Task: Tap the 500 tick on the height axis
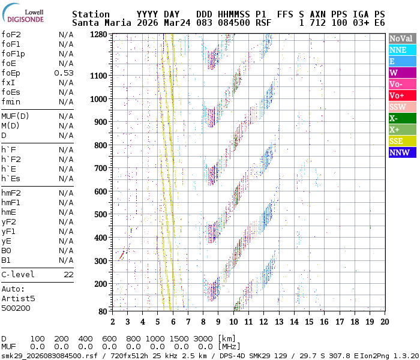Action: click(x=100, y=214)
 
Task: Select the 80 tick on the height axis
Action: click(x=103, y=311)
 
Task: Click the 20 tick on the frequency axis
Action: click(x=384, y=321)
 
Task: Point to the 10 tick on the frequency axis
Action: click(x=233, y=321)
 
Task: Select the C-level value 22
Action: click(x=68, y=275)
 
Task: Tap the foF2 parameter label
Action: click(x=11, y=35)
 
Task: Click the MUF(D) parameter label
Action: click(x=14, y=116)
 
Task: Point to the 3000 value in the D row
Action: click(x=204, y=339)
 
